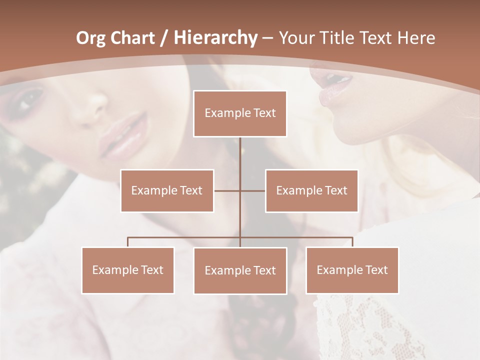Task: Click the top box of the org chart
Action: tap(240, 113)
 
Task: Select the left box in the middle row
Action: tap(167, 190)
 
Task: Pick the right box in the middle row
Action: tap(311, 190)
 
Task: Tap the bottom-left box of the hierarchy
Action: tap(127, 270)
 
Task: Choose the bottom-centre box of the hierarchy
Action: tap(240, 270)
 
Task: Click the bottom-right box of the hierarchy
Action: tap(352, 270)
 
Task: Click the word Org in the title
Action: tap(90, 38)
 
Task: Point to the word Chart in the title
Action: tap(132, 38)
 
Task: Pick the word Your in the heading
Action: tap(296, 38)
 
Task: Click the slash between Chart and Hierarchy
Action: tap(162, 38)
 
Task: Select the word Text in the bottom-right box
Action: tap(375, 270)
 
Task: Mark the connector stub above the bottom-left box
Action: tap(127, 242)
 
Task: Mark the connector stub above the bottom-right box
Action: tap(352, 242)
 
